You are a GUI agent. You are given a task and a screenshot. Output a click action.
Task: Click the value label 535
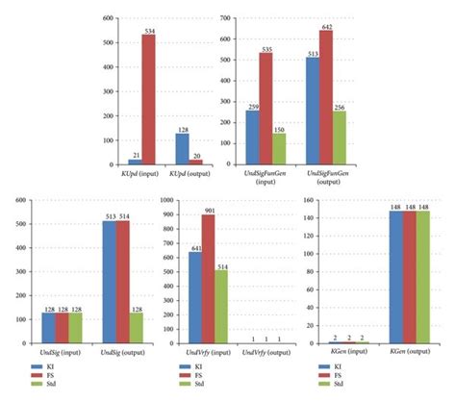pos(266,46)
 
